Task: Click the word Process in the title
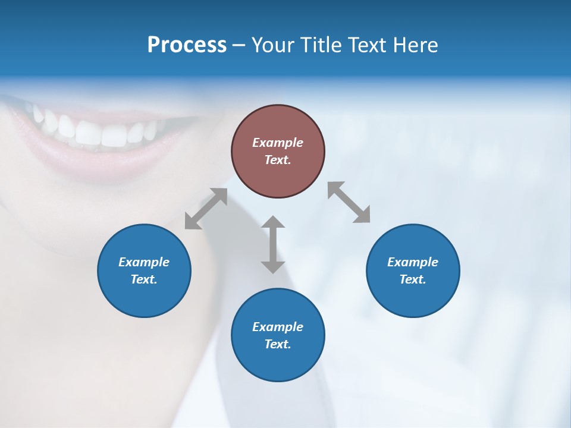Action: pyautogui.click(x=187, y=45)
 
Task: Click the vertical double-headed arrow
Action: pyautogui.click(x=273, y=244)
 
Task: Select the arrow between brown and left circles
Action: pyautogui.click(x=206, y=209)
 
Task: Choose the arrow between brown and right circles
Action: pyautogui.click(x=349, y=202)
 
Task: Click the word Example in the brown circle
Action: pyautogui.click(x=278, y=143)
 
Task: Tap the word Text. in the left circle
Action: pyautogui.click(x=144, y=279)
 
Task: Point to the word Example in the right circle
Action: pyautogui.click(x=413, y=262)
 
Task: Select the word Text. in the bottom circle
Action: pyautogui.click(x=278, y=344)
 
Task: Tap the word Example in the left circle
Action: pyautogui.click(x=144, y=262)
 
